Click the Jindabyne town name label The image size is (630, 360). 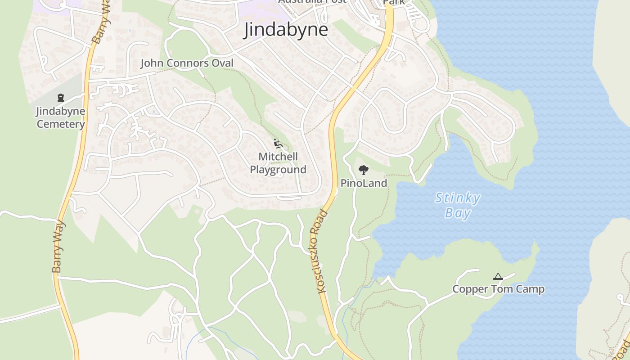(286, 30)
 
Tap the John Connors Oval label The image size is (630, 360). (187, 63)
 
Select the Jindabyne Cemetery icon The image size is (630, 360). (60, 97)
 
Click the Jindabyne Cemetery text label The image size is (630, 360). (60, 117)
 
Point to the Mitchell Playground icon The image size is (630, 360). (278, 144)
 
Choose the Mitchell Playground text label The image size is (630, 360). (278, 163)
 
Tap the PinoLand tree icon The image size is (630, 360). (364, 170)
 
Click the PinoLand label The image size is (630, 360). (364, 183)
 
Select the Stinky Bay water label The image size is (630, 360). (458, 205)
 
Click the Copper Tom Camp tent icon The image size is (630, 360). (498, 276)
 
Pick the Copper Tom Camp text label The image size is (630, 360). (498, 289)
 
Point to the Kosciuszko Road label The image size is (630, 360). (322, 252)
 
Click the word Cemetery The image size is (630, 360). (60, 124)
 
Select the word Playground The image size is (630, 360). (278, 170)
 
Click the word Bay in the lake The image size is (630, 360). (458, 212)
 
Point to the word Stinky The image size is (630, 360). (458, 198)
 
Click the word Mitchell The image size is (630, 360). (278, 157)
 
